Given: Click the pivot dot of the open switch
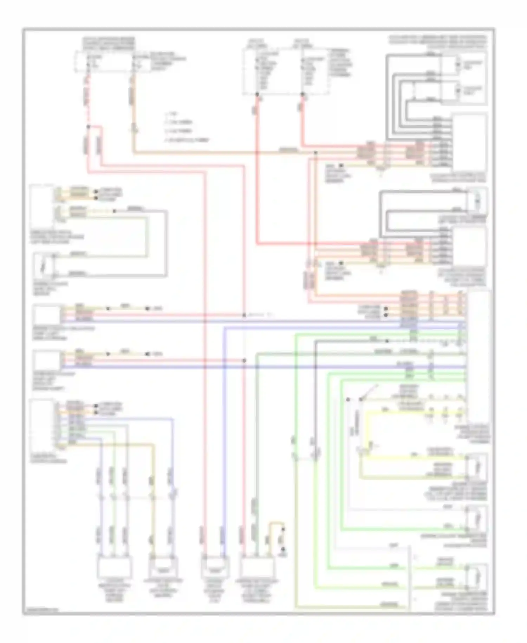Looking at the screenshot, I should pyautogui.click(x=360, y=400).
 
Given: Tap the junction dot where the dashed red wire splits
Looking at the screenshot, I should pyautogui.click(x=88, y=127).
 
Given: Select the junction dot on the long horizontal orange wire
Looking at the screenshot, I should pyautogui.click(x=315, y=153).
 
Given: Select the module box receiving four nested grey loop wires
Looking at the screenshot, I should pyautogui.click(x=469, y=142).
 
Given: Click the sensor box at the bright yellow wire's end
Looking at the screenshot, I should pyautogui.click(x=476, y=467).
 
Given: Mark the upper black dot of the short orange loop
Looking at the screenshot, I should pyautogui.click(x=283, y=529).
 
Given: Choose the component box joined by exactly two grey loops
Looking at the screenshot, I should pyautogui.click(x=477, y=200).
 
